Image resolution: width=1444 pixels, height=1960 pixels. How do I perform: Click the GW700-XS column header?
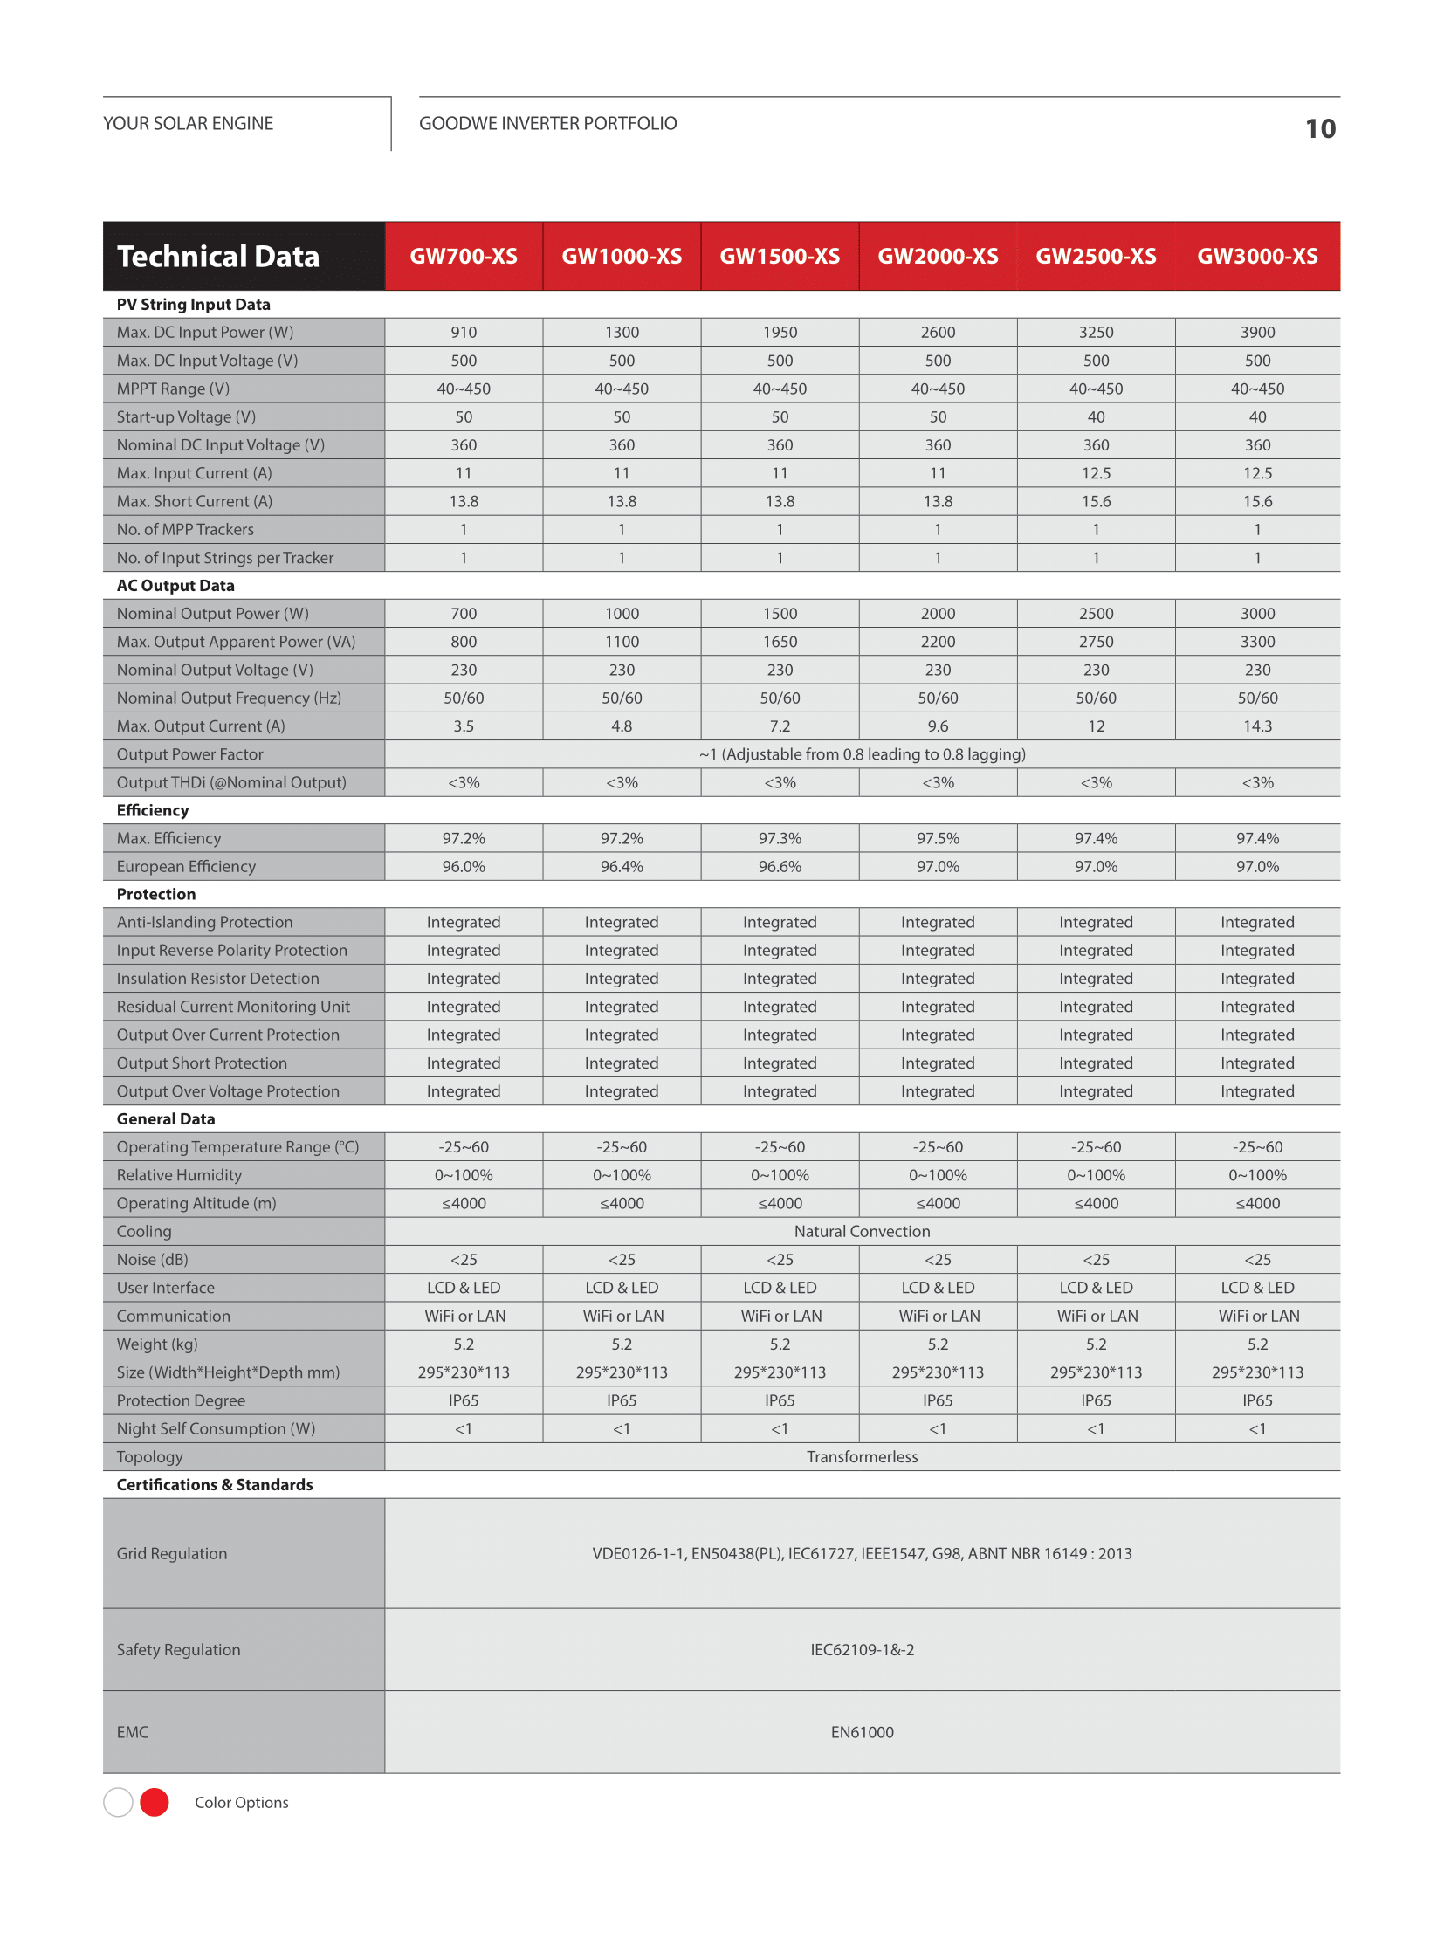click(x=464, y=256)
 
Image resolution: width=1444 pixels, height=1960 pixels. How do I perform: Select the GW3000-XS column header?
click(x=1257, y=256)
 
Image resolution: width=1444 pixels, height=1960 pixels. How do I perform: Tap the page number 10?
click(x=1320, y=129)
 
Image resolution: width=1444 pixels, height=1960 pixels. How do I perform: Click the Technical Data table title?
click(x=218, y=256)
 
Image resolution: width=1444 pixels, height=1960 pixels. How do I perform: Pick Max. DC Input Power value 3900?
click(x=1257, y=333)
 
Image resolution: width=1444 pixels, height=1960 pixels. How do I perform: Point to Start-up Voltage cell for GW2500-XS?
click(x=1096, y=417)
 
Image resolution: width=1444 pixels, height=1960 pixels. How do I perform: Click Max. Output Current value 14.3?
click(x=1257, y=726)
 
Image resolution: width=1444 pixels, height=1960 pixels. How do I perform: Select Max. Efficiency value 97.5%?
click(x=937, y=838)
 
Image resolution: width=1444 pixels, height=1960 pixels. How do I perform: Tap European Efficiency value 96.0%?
click(x=464, y=866)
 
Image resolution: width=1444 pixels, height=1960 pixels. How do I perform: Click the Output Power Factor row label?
click(x=189, y=754)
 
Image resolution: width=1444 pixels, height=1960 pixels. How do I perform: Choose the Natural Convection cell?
click(x=862, y=1231)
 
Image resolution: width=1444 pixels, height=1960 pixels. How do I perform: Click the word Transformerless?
click(x=862, y=1456)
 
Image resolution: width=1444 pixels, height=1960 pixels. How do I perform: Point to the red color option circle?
click(x=155, y=1802)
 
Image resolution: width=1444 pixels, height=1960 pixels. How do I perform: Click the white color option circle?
click(x=118, y=1802)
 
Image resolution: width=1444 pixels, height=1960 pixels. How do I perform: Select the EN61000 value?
click(x=862, y=1732)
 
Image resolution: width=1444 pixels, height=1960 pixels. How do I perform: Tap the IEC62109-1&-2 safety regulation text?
click(x=862, y=1650)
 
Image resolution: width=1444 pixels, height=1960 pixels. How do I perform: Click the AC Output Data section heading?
click(x=175, y=586)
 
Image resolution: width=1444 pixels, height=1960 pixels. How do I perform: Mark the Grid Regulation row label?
click(x=172, y=1553)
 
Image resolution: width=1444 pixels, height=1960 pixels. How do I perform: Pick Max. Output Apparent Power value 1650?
click(x=780, y=642)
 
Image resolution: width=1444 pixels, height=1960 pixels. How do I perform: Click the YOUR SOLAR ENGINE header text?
click(x=188, y=123)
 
